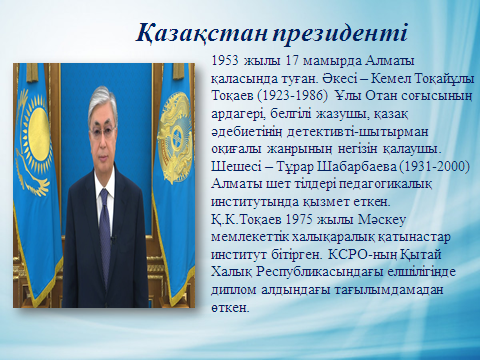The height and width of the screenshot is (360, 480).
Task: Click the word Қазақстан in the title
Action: [x=201, y=34]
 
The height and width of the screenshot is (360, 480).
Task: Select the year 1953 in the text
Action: [x=225, y=61]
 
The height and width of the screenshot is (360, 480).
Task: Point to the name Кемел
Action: [x=391, y=79]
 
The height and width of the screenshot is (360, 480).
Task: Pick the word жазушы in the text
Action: [x=337, y=114]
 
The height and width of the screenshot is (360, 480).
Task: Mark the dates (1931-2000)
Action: [x=434, y=166]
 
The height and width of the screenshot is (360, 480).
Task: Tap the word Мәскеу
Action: [x=382, y=220]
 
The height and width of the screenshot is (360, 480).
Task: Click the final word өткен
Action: [x=230, y=308]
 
